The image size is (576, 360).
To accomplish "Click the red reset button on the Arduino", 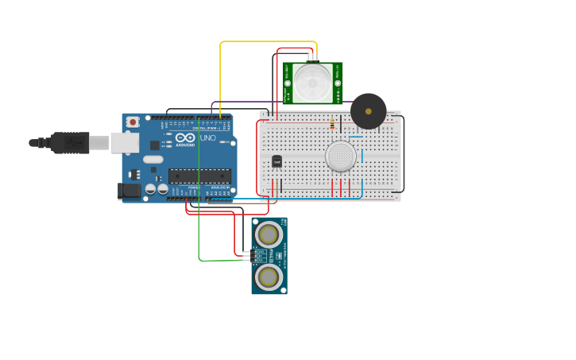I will [133, 122].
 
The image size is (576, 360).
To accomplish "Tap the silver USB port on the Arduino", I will [124, 142].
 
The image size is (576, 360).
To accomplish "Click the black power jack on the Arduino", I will [129, 191].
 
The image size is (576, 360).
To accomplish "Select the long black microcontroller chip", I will [199, 176].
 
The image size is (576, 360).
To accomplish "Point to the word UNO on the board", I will [207, 138].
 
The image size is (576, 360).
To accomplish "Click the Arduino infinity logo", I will [185, 137].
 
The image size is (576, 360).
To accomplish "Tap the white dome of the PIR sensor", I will [312, 81].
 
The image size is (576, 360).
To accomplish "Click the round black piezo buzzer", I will [369, 111].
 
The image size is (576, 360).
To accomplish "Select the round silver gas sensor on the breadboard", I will [341, 157].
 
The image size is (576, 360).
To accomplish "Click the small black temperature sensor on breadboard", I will [276, 161].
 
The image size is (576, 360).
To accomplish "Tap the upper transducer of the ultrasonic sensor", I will [269, 234].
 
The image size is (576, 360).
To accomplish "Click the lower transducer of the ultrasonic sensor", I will [269, 277].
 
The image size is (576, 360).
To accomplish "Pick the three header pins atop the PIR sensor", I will [312, 57].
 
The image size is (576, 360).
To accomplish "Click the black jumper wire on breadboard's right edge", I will [403, 155].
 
